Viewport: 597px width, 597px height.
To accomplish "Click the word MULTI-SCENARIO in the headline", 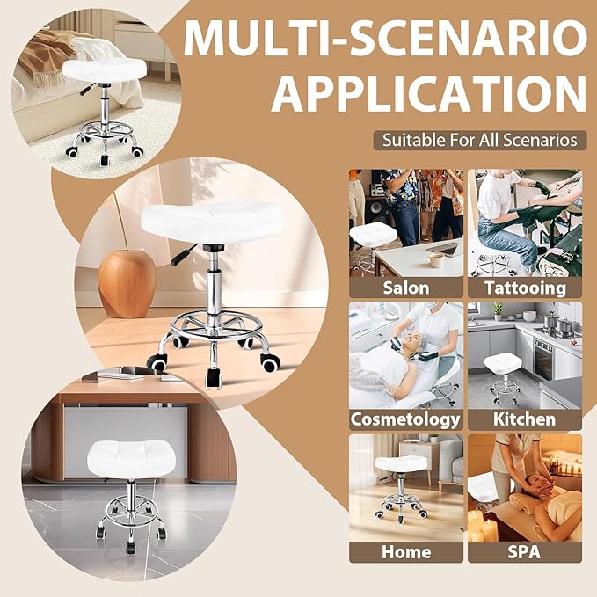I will point(384,38).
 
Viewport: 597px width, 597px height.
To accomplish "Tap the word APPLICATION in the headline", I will point(428,93).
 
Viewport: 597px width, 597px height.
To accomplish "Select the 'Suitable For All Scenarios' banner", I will point(479,140).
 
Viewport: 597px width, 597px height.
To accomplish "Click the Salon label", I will point(405,288).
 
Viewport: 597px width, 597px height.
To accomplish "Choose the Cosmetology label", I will point(405,419).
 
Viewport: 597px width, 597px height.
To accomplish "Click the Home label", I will point(405,552).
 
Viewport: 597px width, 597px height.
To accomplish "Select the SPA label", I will point(524,552).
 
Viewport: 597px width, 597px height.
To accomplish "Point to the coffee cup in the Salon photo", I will point(434,259).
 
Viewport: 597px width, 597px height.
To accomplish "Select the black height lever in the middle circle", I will point(181,257).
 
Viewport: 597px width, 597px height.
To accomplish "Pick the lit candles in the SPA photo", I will point(483,528).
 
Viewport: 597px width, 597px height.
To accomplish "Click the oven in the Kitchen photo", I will point(543,356).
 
